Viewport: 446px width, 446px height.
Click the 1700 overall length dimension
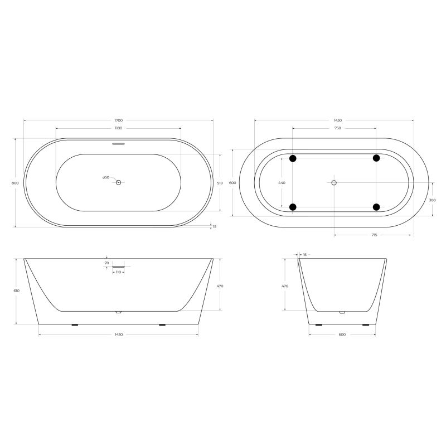click(x=118, y=120)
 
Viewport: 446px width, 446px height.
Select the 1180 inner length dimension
click(x=118, y=128)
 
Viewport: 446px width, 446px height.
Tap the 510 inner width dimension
click(x=220, y=183)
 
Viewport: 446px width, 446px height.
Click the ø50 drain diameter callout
click(x=105, y=177)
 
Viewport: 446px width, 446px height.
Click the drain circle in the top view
click(x=118, y=182)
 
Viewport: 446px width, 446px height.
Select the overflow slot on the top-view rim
click(x=118, y=143)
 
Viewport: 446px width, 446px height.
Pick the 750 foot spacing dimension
click(x=337, y=128)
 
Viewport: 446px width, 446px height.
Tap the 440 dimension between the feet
click(x=282, y=183)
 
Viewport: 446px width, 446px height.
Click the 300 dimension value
click(x=433, y=200)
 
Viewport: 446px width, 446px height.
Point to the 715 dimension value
click(x=374, y=235)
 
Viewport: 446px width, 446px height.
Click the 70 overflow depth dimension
click(x=106, y=263)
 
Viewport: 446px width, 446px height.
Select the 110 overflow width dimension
click(x=118, y=272)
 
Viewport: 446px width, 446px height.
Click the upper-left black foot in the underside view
click(x=293, y=158)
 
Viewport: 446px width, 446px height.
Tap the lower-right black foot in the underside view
click(x=376, y=207)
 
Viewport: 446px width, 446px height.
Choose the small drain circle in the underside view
click(x=334, y=183)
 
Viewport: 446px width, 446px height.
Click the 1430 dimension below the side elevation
click(x=118, y=334)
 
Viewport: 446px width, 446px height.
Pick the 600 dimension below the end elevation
click(x=342, y=334)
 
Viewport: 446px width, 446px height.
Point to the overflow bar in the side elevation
click(x=118, y=266)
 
